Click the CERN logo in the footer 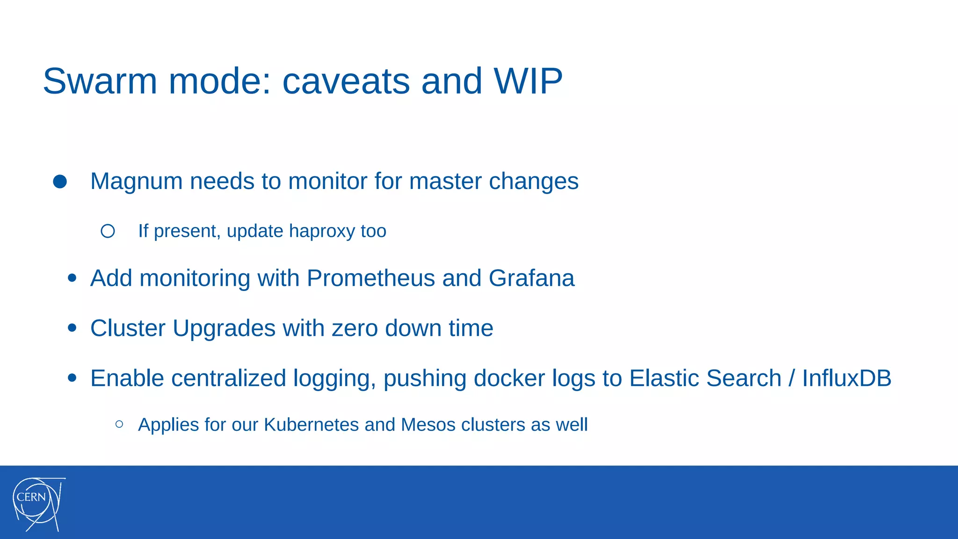pos(38,504)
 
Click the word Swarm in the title pos(100,81)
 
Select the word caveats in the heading pos(346,81)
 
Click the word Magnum pos(136,181)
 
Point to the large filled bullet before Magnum pos(60,182)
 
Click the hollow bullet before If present pos(108,231)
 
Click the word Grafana pos(531,278)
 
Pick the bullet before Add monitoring pos(72,278)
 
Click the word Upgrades pos(224,328)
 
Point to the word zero pos(355,328)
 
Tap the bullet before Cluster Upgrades pos(72,328)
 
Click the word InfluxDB pos(847,378)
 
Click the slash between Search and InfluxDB pos(791,378)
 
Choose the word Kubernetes pos(311,425)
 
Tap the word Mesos pos(428,425)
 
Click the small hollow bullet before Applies pos(119,424)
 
